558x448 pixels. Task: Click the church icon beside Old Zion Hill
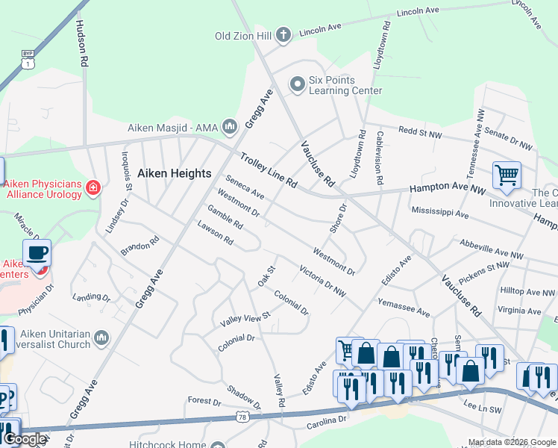point(283,34)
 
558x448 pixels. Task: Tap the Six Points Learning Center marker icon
point(298,84)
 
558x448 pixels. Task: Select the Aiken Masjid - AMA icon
point(230,127)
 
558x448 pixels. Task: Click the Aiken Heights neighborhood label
point(175,173)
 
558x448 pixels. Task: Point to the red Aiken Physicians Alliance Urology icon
point(93,187)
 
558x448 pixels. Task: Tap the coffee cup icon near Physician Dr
point(37,253)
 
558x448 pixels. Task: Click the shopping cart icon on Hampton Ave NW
point(507,175)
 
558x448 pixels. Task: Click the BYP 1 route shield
point(28,60)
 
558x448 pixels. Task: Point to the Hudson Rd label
point(82,42)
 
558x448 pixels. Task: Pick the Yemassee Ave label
point(404,307)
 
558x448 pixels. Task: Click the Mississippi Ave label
point(440,214)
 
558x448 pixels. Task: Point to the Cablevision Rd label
point(379,158)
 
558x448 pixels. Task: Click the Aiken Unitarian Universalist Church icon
point(102,339)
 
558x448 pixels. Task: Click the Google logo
point(25,439)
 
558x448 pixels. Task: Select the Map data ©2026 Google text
point(511,442)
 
